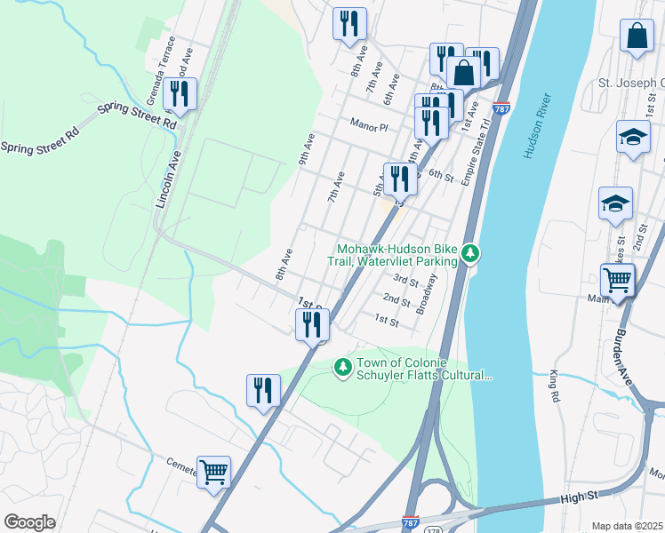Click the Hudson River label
[538, 124]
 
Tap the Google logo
[29, 522]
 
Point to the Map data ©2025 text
[627, 526]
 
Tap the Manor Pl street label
[369, 126]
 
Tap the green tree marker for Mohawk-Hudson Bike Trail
[470, 255]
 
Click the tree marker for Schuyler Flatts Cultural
[343, 366]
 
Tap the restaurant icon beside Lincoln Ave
[180, 93]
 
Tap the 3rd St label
[405, 281]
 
